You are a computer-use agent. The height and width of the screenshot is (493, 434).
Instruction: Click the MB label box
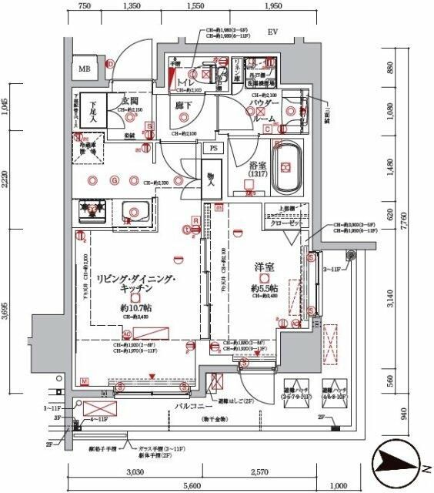click(x=82, y=68)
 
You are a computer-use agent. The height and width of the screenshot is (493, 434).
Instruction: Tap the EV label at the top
click(x=272, y=33)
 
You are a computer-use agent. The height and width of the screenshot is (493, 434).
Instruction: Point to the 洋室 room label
click(x=265, y=267)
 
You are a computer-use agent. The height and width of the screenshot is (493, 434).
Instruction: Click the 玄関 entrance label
click(x=129, y=102)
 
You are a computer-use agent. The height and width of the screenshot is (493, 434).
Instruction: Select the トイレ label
click(x=185, y=81)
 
